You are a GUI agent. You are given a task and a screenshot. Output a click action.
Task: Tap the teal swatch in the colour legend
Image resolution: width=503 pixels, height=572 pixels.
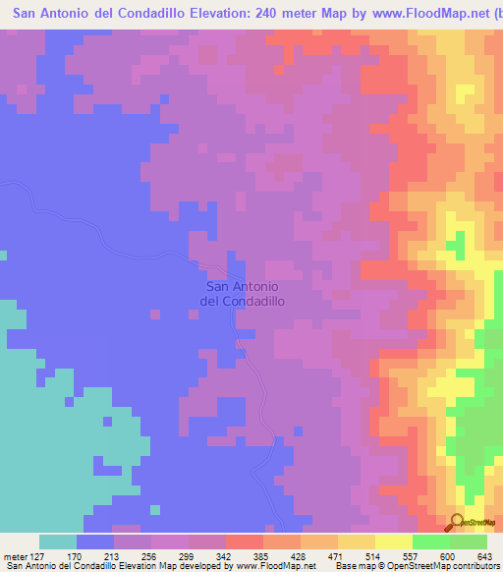click(x=58, y=542)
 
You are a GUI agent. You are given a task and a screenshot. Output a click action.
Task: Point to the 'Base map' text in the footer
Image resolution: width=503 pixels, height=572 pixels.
click(x=356, y=566)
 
